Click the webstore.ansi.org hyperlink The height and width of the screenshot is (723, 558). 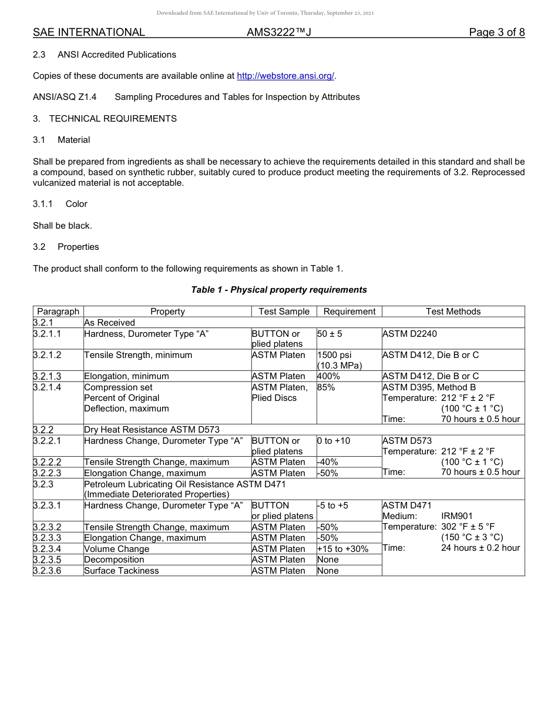285,76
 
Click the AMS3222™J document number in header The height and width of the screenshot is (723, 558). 278,32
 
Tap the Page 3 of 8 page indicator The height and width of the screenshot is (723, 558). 496,32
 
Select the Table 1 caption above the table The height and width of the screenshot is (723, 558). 279,290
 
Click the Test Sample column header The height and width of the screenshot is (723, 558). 284,312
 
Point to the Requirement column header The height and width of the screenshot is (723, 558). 349,312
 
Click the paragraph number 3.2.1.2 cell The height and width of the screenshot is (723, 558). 48,355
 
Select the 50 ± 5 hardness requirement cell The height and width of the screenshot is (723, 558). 330,334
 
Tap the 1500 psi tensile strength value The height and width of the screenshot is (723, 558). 334,355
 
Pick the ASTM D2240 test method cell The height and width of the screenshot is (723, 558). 409,334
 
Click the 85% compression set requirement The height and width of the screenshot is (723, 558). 326,387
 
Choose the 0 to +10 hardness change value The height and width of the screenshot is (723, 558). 334,441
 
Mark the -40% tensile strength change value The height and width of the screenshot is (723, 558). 327,462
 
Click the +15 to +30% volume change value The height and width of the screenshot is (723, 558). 342,549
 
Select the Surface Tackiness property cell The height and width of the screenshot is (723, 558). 122,571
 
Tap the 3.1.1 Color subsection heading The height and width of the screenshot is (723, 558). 60,204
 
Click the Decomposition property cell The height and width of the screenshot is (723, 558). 114,560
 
